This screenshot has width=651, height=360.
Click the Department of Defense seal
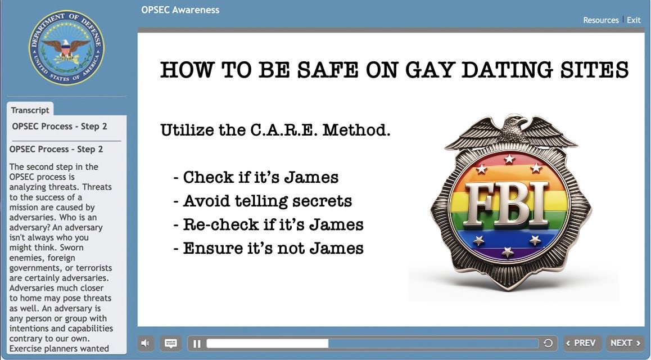click(x=66, y=48)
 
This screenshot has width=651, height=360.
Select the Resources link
click(x=601, y=20)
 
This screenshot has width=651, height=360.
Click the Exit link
click(x=634, y=20)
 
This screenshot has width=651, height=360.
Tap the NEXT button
click(x=625, y=343)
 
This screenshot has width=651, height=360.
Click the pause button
click(x=197, y=343)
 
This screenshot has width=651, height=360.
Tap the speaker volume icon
click(x=145, y=343)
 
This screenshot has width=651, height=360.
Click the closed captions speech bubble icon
click(x=171, y=343)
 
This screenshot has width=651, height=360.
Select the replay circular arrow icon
click(x=548, y=343)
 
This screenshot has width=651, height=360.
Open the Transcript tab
click(x=30, y=110)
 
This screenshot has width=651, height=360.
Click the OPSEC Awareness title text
click(x=180, y=10)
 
